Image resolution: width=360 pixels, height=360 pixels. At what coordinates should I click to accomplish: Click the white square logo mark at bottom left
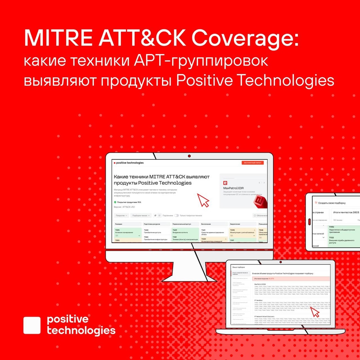pos(32,325)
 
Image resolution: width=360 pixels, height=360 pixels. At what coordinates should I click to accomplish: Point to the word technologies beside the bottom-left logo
pos(81,330)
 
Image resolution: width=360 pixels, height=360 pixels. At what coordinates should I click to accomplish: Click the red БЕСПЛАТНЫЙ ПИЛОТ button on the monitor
pos(253,163)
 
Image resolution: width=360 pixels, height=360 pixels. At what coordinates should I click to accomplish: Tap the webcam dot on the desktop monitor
pos(189,156)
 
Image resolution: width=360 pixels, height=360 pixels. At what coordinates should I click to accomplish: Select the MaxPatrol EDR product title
pos(233,188)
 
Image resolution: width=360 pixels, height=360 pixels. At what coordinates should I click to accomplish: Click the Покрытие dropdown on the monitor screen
pos(122,216)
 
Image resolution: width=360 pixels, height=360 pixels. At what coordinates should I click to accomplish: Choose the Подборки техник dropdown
pos(141,216)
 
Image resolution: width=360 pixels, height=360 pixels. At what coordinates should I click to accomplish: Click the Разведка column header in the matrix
pos(119,224)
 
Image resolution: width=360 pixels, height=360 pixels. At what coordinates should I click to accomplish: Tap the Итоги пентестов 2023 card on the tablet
pos(346,212)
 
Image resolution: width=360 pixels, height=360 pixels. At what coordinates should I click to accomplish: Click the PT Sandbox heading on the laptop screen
pos(259,300)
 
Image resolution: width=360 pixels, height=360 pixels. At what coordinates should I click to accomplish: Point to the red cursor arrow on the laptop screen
pos(315,312)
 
